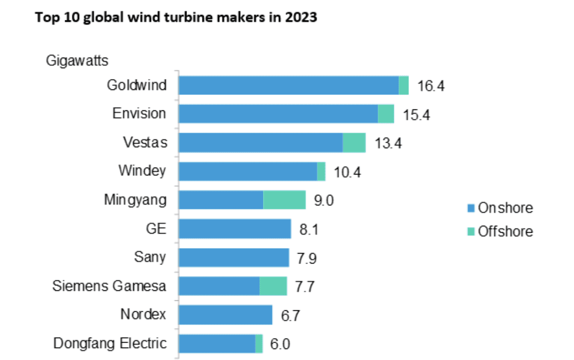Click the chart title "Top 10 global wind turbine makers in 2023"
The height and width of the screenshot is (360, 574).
pyautogui.click(x=175, y=18)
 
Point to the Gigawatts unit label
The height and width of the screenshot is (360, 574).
pyautogui.click(x=77, y=61)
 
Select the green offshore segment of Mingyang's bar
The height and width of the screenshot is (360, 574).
pyautogui.click(x=284, y=200)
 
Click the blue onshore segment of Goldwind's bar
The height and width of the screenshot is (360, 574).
pyautogui.click(x=288, y=85)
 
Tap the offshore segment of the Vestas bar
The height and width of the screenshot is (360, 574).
pyautogui.click(x=354, y=143)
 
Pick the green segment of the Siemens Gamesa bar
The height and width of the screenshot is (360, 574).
pyautogui.click(x=273, y=286)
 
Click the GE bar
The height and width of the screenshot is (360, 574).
pyautogui.click(x=235, y=229)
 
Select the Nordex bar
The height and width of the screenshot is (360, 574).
pyautogui.click(x=225, y=315)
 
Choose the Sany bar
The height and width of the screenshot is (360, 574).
pyautogui.click(x=234, y=258)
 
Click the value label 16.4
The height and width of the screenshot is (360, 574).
pyautogui.click(x=430, y=86)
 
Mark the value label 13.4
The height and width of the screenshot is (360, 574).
pyautogui.click(x=387, y=143)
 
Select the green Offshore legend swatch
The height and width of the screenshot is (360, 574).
pyautogui.click(x=471, y=232)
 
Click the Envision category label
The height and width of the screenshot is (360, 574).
pyautogui.click(x=139, y=114)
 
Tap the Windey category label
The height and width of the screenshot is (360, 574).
pyautogui.click(x=142, y=171)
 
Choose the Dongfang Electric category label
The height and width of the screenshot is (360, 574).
pyautogui.click(x=109, y=344)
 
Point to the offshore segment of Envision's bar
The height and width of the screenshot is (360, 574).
pyautogui.click(x=386, y=114)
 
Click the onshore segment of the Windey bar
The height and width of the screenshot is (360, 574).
pyautogui.click(x=248, y=172)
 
